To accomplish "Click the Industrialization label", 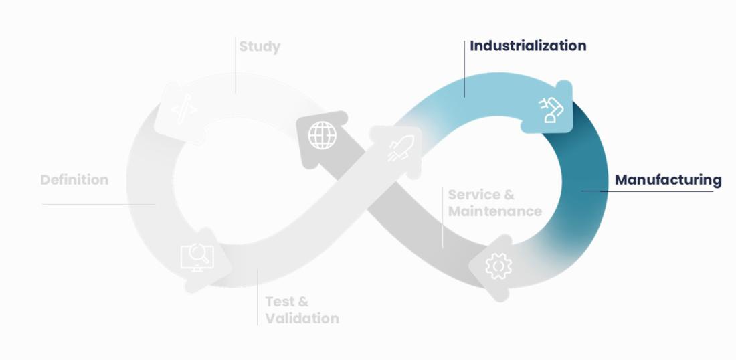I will coord(528,46).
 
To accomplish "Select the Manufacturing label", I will coord(668,180).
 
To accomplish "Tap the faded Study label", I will coord(260,47).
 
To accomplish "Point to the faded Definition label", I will coord(74,180).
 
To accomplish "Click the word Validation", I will coord(302,319).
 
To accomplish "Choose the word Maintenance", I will coord(494,211).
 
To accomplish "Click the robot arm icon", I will coord(551,109).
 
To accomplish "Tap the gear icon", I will coord(498,266).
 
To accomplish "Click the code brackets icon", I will coord(183,110).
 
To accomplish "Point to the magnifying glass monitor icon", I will coord(197,257).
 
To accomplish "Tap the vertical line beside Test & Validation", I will coord(258,298).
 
